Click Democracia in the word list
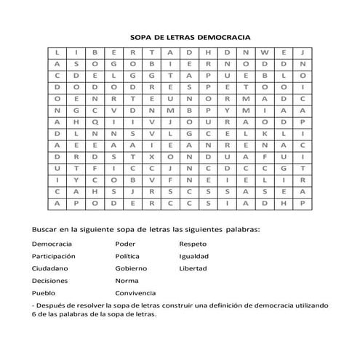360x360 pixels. tap(52, 244)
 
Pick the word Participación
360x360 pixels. tap(55, 256)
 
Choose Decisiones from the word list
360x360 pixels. tap(52, 280)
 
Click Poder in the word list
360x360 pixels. tap(124, 244)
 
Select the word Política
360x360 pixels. tap(127, 256)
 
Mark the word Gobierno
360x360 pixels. tap(130, 268)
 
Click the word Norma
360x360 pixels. tap(127, 280)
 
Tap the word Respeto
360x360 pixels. tap(193, 244)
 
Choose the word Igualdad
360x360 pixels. tap(194, 256)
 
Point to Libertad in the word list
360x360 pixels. tap(193, 268)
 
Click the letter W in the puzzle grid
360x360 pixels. tap(264, 53)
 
